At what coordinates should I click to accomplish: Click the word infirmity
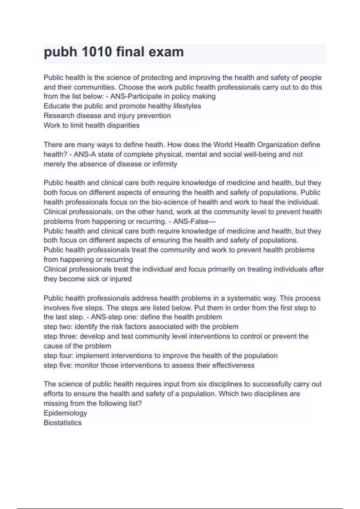pos(165,164)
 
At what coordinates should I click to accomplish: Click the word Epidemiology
pos(65,413)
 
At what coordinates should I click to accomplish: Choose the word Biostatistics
pos(62,423)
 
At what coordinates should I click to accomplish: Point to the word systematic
pos(244,298)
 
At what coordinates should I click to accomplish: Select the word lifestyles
pos(187,106)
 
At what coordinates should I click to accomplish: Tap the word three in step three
pos(68,336)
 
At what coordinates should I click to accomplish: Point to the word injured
pos(121,279)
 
